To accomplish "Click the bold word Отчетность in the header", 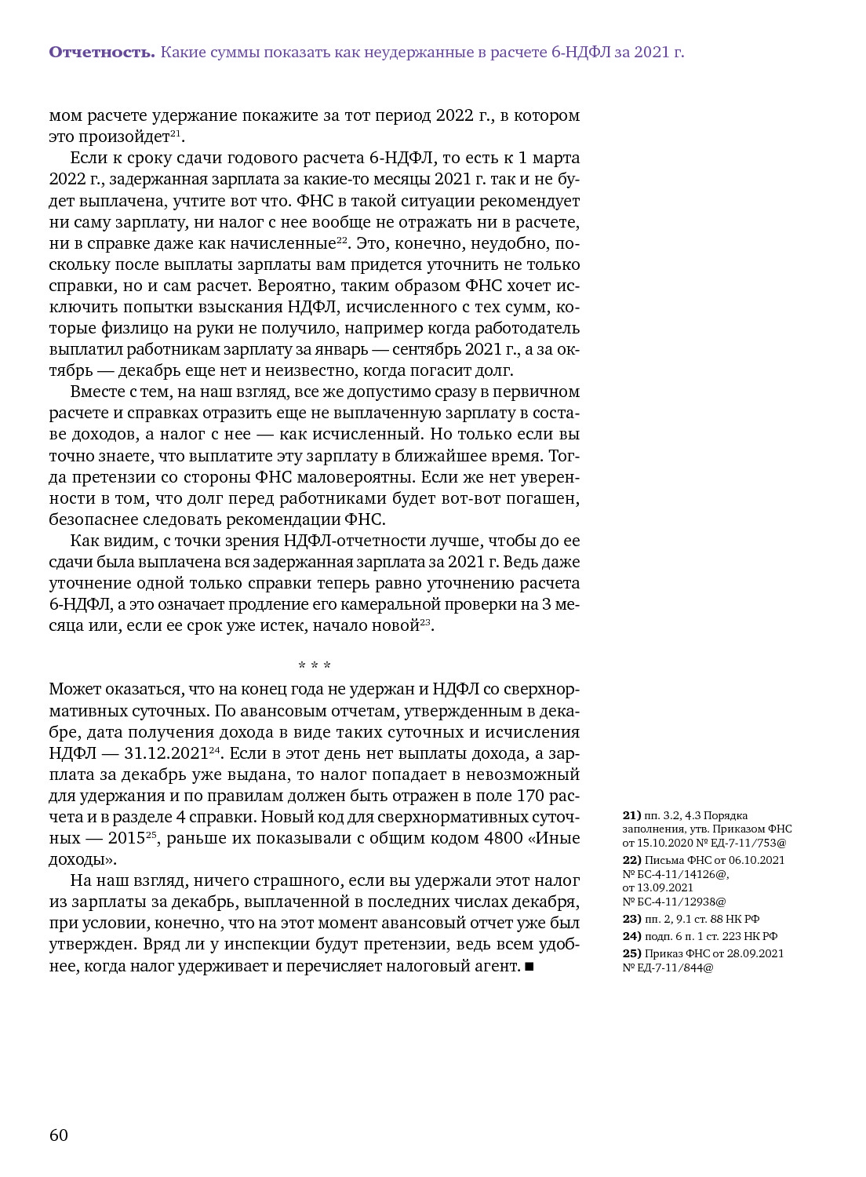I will (x=102, y=53).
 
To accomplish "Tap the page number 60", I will (x=59, y=1135).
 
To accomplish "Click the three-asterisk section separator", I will (x=315, y=666).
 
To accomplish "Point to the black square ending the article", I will (x=529, y=967).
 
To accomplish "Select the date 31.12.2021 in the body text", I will (x=166, y=753).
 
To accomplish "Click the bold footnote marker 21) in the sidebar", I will (x=631, y=816).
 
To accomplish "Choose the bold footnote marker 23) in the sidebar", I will (x=631, y=919).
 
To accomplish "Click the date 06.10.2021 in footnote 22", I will (x=757, y=860).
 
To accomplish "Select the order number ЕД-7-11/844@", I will (x=673, y=967).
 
